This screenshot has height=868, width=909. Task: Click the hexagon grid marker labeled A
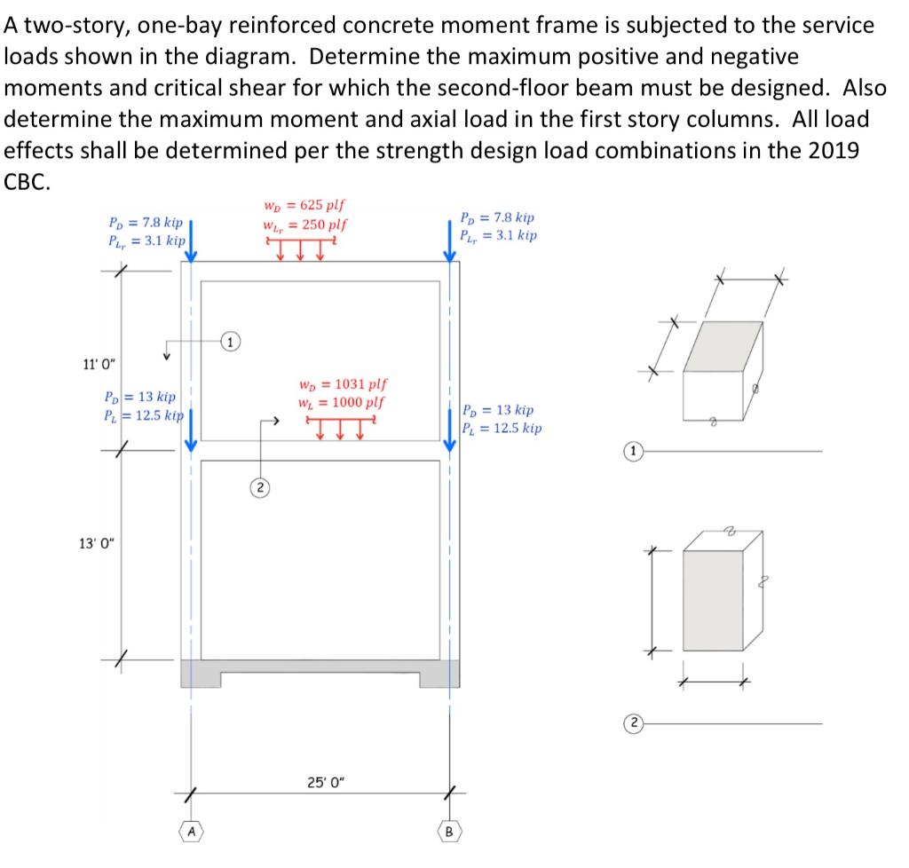coord(191,832)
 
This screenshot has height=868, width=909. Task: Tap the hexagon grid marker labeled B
coord(449,832)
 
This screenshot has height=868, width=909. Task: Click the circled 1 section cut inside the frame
coord(230,341)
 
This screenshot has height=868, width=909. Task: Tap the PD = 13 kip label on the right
coord(498,410)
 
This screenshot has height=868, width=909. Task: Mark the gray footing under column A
coord(201,673)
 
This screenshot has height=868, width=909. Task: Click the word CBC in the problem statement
coord(28,182)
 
